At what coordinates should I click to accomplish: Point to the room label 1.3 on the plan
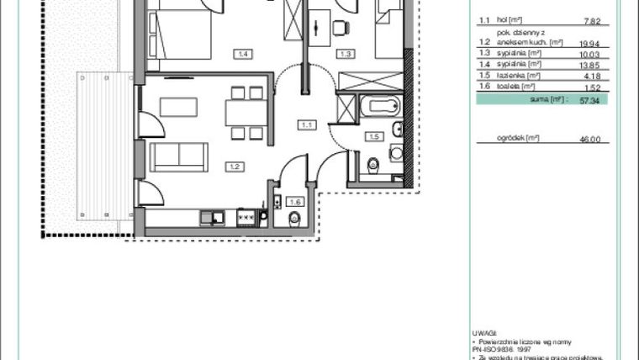click(345, 54)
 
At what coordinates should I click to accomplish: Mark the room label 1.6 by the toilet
click(294, 202)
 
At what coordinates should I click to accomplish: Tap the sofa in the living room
click(178, 156)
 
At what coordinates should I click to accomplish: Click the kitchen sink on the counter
click(210, 218)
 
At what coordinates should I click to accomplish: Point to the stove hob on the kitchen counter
click(247, 218)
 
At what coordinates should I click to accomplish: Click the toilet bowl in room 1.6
click(294, 220)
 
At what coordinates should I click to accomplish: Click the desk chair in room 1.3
click(340, 28)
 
